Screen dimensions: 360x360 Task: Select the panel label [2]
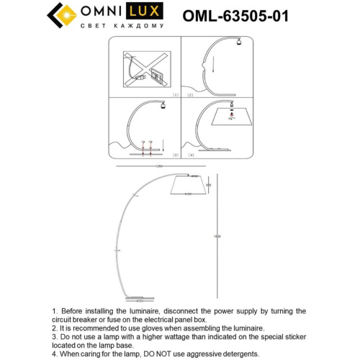point(191,94)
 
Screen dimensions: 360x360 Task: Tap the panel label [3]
point(174,155)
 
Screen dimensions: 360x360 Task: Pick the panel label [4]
point(191,155)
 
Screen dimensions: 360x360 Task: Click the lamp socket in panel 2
point(237,45)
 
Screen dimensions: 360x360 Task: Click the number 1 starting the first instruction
point(54,311)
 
